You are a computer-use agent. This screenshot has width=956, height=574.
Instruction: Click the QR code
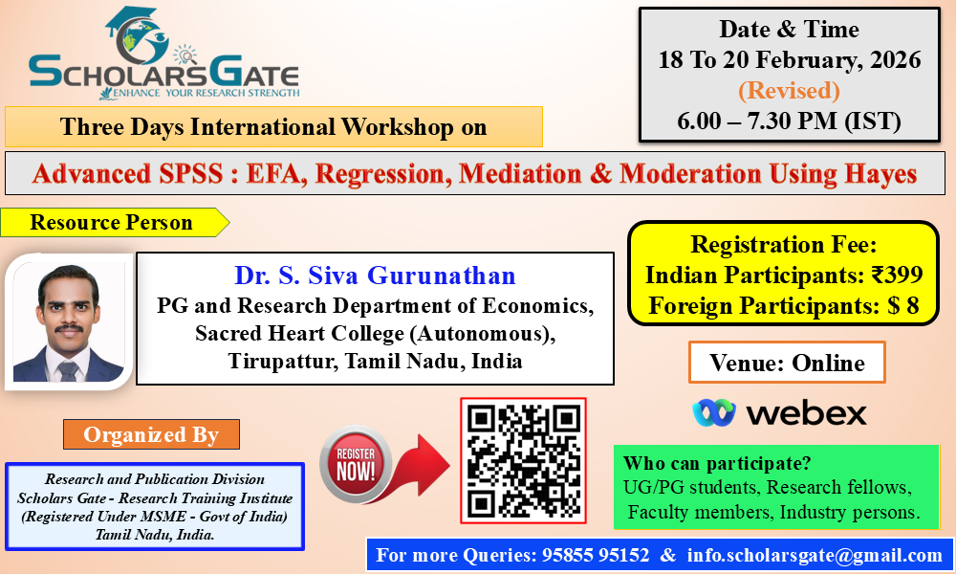coord(523,460)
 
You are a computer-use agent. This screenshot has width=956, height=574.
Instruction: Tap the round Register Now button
coord(356,464)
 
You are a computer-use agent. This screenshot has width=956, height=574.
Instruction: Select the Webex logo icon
coord(714,413)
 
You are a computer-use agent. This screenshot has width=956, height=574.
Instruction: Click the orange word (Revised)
coord(789,90)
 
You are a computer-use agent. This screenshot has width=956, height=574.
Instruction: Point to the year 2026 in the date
coord(895,59)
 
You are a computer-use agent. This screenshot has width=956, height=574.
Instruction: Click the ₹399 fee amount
coord(897,275)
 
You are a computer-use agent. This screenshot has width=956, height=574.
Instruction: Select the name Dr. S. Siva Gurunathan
coord(375,276)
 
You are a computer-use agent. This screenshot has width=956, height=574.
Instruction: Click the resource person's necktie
coord(67,370)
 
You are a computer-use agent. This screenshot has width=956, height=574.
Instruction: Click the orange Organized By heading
coord(151,434)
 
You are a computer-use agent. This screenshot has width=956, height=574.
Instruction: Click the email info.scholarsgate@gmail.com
coord(815,555)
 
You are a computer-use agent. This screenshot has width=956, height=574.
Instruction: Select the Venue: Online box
coord(787,363)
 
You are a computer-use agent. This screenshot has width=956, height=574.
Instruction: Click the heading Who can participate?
coord(717,463)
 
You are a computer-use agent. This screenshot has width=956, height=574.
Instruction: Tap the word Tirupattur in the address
coord(283,361)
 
